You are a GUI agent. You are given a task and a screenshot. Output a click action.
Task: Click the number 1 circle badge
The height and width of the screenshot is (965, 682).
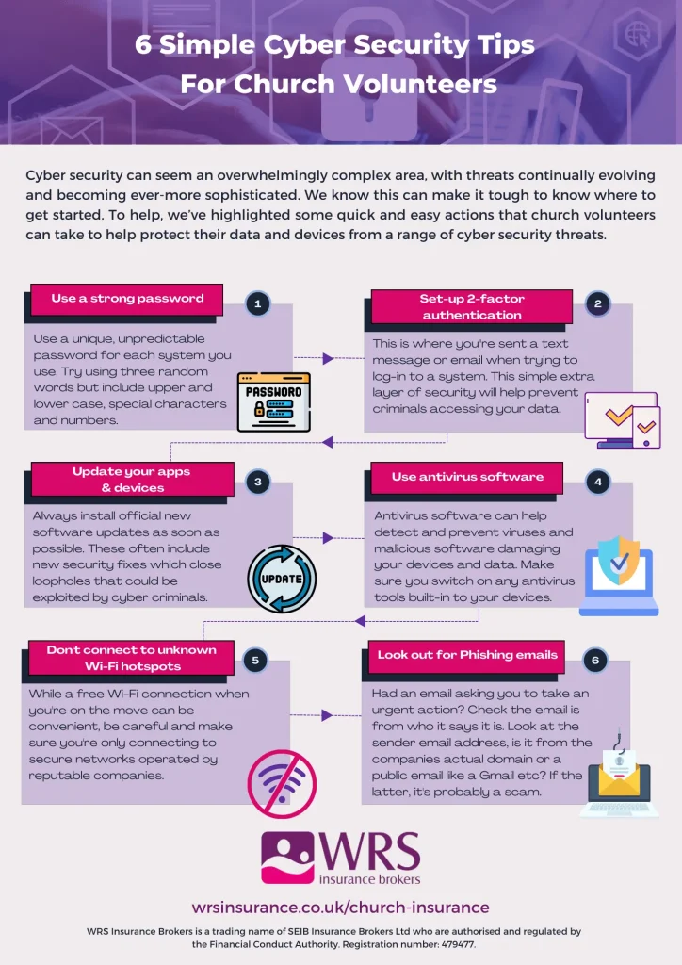(x=258, y=303)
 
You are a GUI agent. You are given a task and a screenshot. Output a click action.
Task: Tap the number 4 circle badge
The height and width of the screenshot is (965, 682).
(x=598, y=482)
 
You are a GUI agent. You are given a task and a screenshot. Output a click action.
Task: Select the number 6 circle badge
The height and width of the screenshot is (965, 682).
(x=594, y=661)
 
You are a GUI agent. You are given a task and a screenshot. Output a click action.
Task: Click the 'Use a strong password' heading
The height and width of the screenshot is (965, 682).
(x=127, y=299)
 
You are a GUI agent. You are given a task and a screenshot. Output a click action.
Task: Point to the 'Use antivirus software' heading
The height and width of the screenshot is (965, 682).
(x=467, y=477)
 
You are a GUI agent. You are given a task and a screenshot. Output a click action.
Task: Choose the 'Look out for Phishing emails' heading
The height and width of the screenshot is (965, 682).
(x=467, y=655)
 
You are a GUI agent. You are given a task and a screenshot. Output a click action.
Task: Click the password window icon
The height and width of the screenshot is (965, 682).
(x=274, y=401)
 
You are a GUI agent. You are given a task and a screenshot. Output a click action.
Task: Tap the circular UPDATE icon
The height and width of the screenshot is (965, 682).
(x=282, y=579)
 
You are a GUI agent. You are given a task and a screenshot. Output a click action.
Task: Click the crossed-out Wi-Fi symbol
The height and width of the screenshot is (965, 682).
(x=282, y=783)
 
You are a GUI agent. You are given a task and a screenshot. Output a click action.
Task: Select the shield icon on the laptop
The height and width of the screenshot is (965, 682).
(x=619, y=560)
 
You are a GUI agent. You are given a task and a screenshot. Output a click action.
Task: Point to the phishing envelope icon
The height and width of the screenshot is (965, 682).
(x=619, y=776)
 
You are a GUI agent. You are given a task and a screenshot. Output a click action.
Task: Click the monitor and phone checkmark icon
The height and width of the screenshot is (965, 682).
(x=623, y=419)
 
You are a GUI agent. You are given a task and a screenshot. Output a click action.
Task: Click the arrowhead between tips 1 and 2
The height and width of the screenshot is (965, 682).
(x=328, y=358)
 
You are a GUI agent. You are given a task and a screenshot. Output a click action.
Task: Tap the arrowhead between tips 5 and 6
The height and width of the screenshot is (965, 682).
(x=327, y=715)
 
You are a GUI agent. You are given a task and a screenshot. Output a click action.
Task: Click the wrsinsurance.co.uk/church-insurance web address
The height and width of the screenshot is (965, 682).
(x=341, y=908)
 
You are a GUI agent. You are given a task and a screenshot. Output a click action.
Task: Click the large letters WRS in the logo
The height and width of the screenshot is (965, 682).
(x=369, y=852)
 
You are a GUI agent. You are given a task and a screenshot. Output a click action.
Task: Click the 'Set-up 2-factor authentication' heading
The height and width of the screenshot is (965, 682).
(x=472, y=306)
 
